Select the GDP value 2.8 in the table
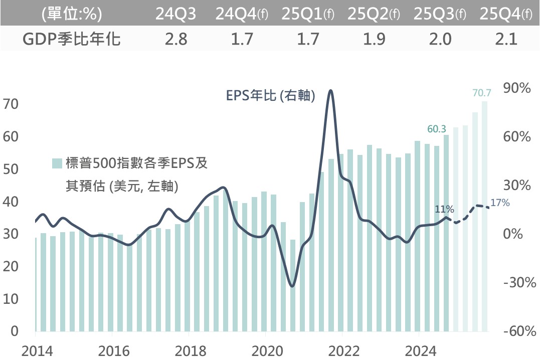click(x=176, y=39)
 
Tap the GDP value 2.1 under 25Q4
click(x=506, y=39)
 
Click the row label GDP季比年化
click(x=71, y=39)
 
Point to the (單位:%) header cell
click(x=72, y=14)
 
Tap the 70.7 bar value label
click(x=482, y=93)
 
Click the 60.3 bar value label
click(x=437, y=129)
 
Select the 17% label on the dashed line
click(x=500, y=203)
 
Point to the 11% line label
click(x=445, y=209)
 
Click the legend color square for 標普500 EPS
click(x=58, y=163)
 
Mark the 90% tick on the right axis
click(x=517, y=88)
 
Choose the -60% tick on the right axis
click(x=517, y=331)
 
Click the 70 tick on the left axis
click(x=11, y=104)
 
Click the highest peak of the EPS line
click(x=330, y=91)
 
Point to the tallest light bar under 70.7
click(x=484, y=216)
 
